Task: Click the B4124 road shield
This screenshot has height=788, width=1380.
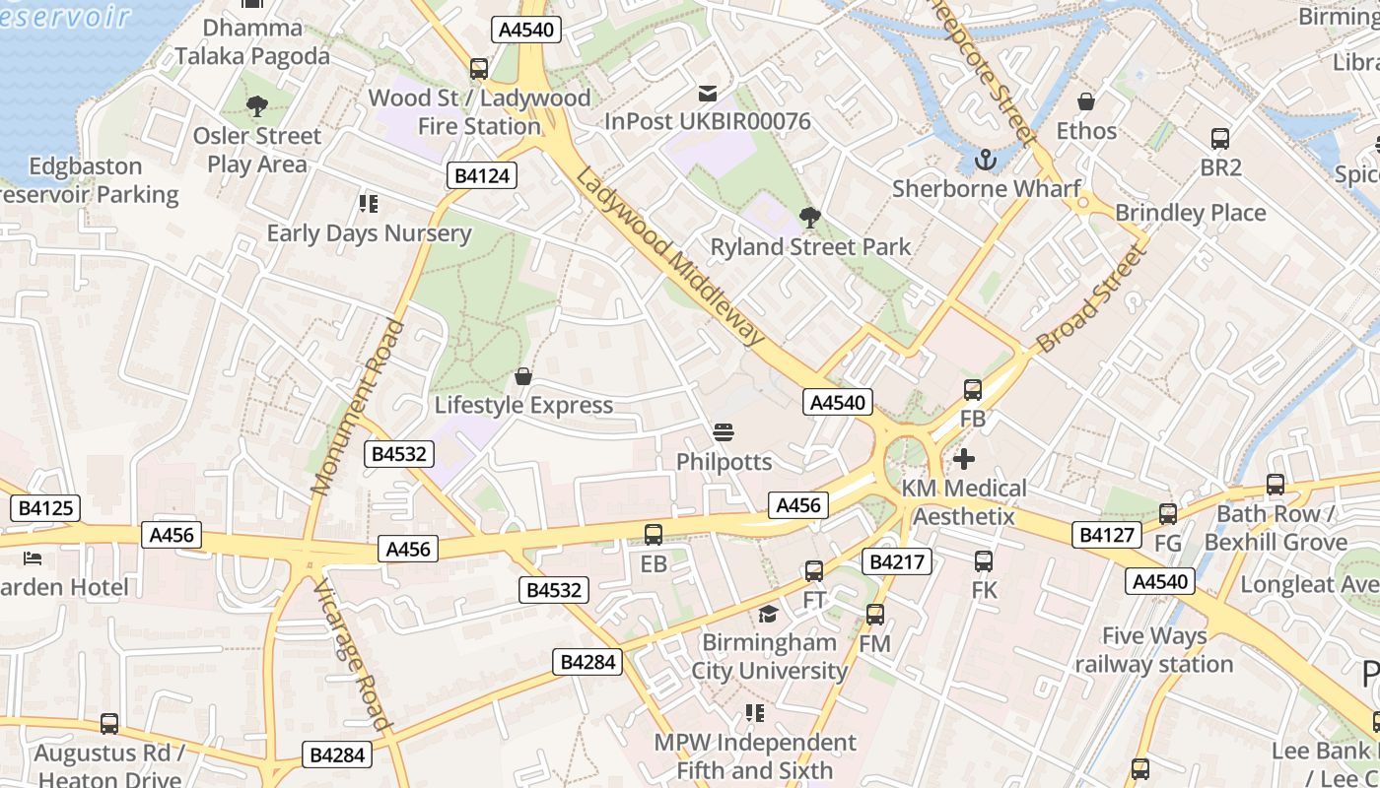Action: pyautogui.click(x=482, y=176)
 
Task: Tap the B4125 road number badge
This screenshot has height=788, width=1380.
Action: pyautogui.click(x=44, y=509)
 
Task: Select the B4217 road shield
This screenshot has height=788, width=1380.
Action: pyautogui.click(x=896, y=561)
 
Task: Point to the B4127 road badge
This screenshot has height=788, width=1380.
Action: pyautogui.click(x=1107, y=535)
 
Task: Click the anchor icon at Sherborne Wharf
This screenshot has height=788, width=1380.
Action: pyautogui.click(x=985, y=160)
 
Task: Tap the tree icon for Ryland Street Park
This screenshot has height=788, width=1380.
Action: pyautogui.click(x=809, y=218)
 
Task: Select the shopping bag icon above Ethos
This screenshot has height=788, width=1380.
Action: pyautogui.click(x=1085, y=101)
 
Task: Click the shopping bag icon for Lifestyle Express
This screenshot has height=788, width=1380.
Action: pyautogui.click(x=523, y=376)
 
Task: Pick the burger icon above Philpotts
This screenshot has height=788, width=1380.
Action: pyautogui.click(x=724, y=432)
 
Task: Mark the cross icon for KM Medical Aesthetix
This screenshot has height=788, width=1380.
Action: pyautogui.click(x=964, y=459)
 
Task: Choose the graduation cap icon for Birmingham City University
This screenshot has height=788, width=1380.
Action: pyautogui.click(x=768, y=615)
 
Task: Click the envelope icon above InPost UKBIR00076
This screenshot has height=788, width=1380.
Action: pyautogui.click(x=707, y=94)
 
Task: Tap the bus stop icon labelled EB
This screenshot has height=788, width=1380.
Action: pyautogui.click(x=653, y=535)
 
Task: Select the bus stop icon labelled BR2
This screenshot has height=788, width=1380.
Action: pyautogui.click(x=1219, y=139)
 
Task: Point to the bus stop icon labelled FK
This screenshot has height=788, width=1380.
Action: pyautogui.click(x=984, y=561)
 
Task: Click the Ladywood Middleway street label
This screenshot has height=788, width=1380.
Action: pyautogui.click(x=669, y=256)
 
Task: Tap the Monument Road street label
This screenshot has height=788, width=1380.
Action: pyautogui.click(x=358, y=407)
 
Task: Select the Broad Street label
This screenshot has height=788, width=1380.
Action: pyautogui.click(x=1093, y=299)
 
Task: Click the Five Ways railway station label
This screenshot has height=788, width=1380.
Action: pyautogui.click(x=1153, y=650)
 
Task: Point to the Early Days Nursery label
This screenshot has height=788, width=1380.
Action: pyautogui.click(x=370, y=233)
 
